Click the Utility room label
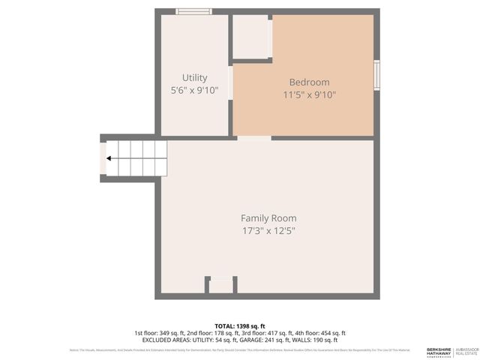(x=194, y=78)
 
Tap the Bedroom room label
(x=309, y=82)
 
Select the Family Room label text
(x=268, y=218)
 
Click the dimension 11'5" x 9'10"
(x=309, y=95)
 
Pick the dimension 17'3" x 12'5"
(x=268, y=231)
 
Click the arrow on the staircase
(x=110, y=158)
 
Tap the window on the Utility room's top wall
(x=193, y=11)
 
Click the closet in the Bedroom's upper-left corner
(x=250, y=36)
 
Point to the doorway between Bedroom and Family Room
(x=254, y=138)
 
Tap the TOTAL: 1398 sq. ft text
(x=239, y=325)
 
